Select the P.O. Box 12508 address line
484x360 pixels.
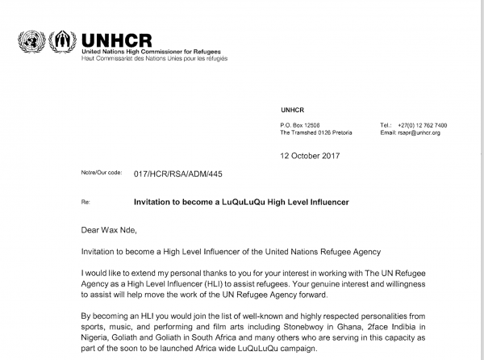point(300,125)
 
